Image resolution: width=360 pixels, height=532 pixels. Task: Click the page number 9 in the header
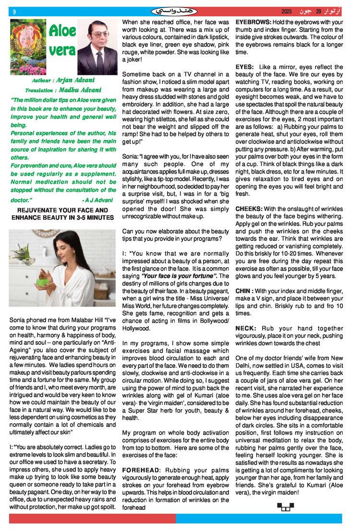click(x=15, y=12)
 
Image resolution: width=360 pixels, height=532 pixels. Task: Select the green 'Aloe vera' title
click(x=62, y=40)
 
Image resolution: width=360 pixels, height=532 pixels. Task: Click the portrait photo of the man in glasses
click(x=97, y=47)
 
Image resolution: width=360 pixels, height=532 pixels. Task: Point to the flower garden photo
click(x=28, y=47)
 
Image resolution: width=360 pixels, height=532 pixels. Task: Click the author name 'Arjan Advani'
click(x=75, y=80)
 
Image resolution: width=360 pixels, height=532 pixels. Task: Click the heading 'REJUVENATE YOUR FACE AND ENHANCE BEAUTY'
click(x=62, y=214)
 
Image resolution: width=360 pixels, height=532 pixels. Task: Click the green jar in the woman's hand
click(x=43, y=282)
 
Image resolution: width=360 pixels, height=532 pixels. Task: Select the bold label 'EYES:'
click(x=244, y=67)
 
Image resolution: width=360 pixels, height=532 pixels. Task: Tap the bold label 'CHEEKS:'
click(x=248, y=209)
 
